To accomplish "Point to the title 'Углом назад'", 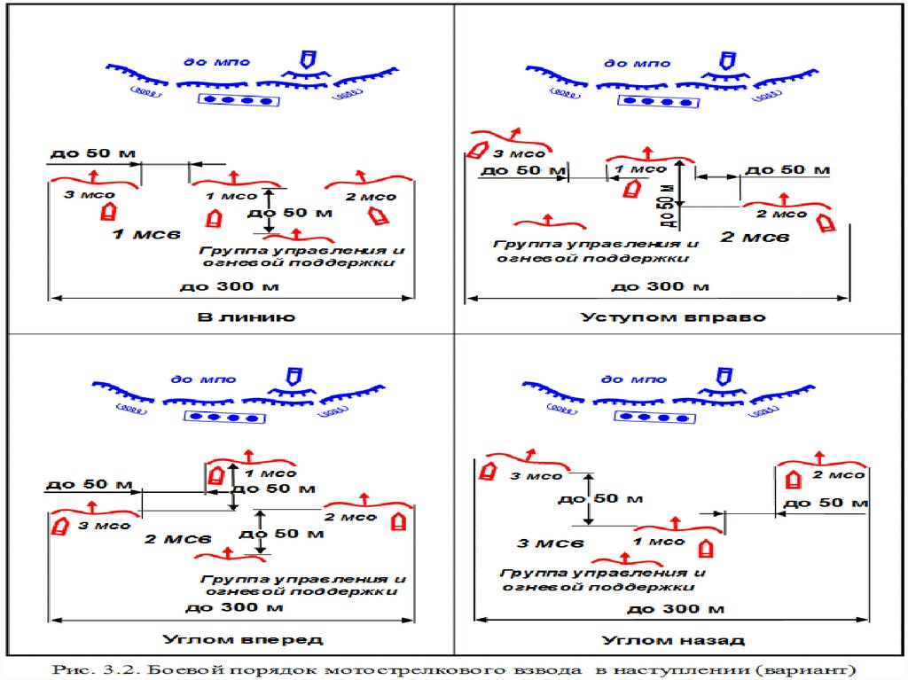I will (x=673, y=639).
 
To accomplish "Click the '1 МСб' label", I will (x=146, y=234).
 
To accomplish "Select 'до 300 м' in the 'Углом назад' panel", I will (x=676, y=609).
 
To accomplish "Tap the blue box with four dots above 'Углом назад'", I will (x=657, y=416).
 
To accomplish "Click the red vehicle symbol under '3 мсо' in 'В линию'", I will (x=108, y=211).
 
